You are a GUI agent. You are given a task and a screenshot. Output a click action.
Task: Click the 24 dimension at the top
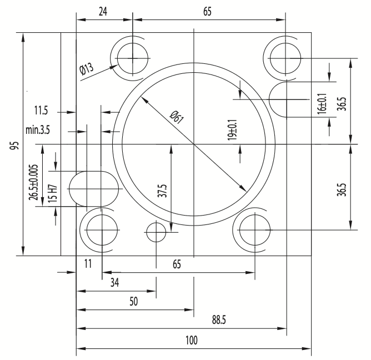tap(103, 11)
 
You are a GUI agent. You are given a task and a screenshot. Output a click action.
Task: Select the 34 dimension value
tap(114, 282)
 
